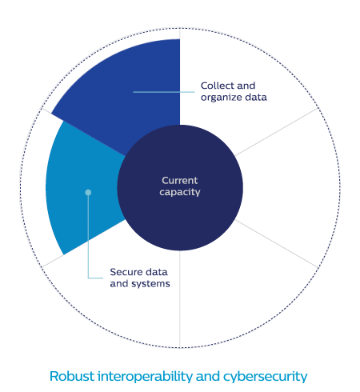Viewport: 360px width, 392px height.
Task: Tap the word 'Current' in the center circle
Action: [x=180, y=181]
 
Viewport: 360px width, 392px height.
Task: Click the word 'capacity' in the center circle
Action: [x=180, y=192]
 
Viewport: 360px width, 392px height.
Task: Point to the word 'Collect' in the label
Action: [x=217, y=86]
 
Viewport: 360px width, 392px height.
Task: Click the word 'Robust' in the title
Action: [x=72, y=376]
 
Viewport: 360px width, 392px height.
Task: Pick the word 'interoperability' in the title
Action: [x=145, y=377]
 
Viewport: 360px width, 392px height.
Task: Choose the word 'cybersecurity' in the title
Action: [x=266, y=377]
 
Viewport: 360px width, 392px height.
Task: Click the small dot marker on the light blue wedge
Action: [x=88, y=192]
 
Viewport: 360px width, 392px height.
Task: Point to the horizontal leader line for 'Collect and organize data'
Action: [x=164, y=92]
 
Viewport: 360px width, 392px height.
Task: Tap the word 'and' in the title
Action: [x=208, y=376]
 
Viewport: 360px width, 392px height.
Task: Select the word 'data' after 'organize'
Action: [x=256, y=98]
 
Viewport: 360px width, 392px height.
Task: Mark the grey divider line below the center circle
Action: [x=180, y=299]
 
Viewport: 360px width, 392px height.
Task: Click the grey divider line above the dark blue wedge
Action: [x=180, y=34]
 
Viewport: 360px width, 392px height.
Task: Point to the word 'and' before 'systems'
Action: [x=119, y=284]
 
